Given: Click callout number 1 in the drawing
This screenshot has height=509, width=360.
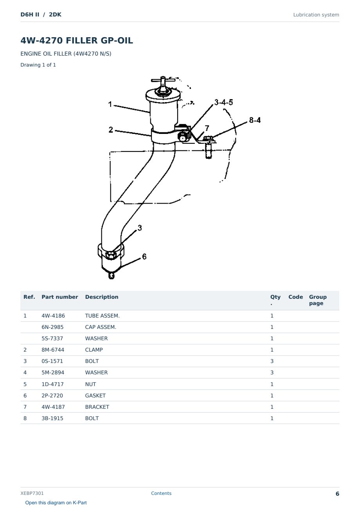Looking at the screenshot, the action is coord(110,104).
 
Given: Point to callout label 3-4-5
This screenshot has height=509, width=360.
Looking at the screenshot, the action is coord(224,102).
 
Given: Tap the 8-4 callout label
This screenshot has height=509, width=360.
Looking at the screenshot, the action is coord(255,120).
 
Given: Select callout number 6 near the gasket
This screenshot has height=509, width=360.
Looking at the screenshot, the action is coord(144,256).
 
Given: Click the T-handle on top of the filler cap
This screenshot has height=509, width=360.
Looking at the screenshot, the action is coord(163,80).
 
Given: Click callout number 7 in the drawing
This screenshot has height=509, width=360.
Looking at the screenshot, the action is coord(207,128).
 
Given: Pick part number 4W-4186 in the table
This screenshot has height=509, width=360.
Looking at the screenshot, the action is coord(53,316).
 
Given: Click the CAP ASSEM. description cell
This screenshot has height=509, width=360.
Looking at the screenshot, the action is coord(101,327).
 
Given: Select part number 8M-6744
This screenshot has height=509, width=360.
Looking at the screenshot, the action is coord(53,350).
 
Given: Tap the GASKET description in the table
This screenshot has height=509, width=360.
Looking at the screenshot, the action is coord(95,395).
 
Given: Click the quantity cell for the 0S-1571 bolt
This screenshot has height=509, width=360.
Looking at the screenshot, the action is coord(272,361).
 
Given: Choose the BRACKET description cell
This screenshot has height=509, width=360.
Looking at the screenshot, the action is coord(97,407).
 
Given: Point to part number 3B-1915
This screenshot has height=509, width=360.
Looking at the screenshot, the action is coord(52,418).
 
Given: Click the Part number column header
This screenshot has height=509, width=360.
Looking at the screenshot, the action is coord(60,297).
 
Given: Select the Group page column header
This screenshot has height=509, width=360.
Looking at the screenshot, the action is coord(318,300).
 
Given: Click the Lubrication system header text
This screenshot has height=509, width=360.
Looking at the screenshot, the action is coord(316,15).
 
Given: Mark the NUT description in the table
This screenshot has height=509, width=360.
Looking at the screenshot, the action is coord(91,384).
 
